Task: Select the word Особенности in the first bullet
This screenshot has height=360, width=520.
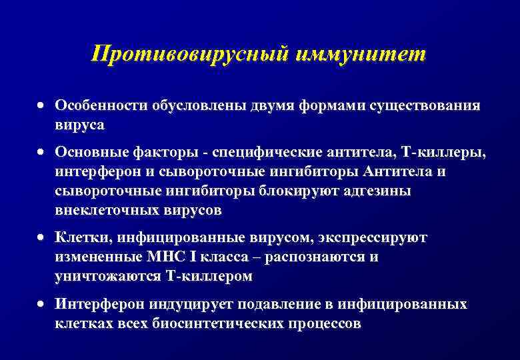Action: coord(101,106)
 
